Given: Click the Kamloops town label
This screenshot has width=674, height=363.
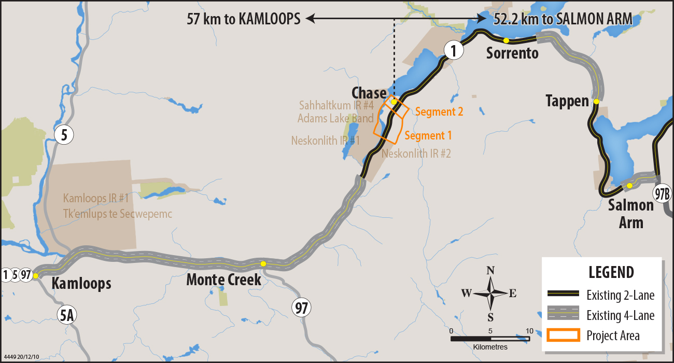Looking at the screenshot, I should (x=81, y=284).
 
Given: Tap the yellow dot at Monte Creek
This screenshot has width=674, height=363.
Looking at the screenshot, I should (x=263, y=264).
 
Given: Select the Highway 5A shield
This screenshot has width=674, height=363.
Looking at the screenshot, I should (x=66, y=315).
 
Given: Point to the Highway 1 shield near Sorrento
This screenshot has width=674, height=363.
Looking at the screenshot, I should (x=453, y=51).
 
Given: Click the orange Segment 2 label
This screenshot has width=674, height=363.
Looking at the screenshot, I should (x=439, y=111).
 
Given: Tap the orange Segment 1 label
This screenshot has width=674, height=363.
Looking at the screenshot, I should (x=428, y=136).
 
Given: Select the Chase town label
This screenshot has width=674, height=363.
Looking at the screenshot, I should (x=369, y=93).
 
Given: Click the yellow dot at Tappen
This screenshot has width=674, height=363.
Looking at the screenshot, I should (x=597, y=102).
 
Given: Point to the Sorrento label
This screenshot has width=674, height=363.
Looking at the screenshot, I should (x=512, y=53).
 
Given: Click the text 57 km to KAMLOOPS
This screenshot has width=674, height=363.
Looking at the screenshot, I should (x=244, y=20).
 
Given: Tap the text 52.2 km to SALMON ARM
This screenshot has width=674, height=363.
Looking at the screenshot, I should (x=563, y=19).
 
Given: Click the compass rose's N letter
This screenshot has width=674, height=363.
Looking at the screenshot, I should (x=490, y=270).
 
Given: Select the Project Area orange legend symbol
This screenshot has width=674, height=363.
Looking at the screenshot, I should (x=563, y=335).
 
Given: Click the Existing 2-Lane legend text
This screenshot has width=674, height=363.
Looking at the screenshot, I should (x=620, y=296).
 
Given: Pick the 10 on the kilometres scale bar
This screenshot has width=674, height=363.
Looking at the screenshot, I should (x=529, y=331).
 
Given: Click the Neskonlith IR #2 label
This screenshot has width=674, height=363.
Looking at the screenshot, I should (x=416, y=154).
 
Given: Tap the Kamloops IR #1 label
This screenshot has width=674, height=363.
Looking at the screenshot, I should (x=95, y=198).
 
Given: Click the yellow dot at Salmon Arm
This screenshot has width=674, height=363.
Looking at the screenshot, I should (x=629, y=186).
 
